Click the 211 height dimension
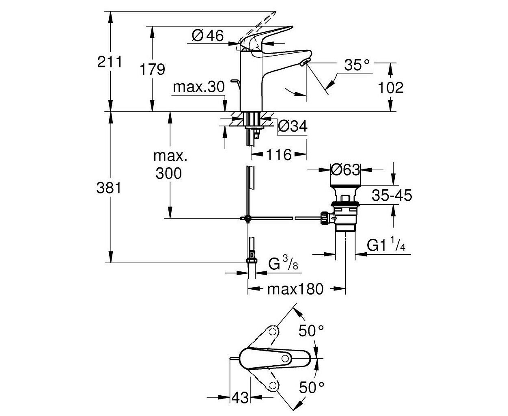click(x=110, y=62)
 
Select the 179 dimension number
click(x=152, y=69)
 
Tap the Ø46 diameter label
click(x=208, y=35)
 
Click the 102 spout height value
click(x=390, y=87)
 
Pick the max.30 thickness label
click(x=199, y=87)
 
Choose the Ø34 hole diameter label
click(x=293, y=126)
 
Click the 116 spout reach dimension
click(x=279, y=155)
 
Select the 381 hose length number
click(x=109, y=188)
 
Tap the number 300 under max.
click(x=169, y=173)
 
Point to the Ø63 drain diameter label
click(x=345, y=170)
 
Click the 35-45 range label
click(x=392, y=195)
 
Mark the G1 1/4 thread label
click(x=386, y=245)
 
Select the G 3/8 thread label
click(x=283, y=263)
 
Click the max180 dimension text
click(x=295, y=289)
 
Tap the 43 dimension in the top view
click(x=240, y=397)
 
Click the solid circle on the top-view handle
click(x=285, y=359)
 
